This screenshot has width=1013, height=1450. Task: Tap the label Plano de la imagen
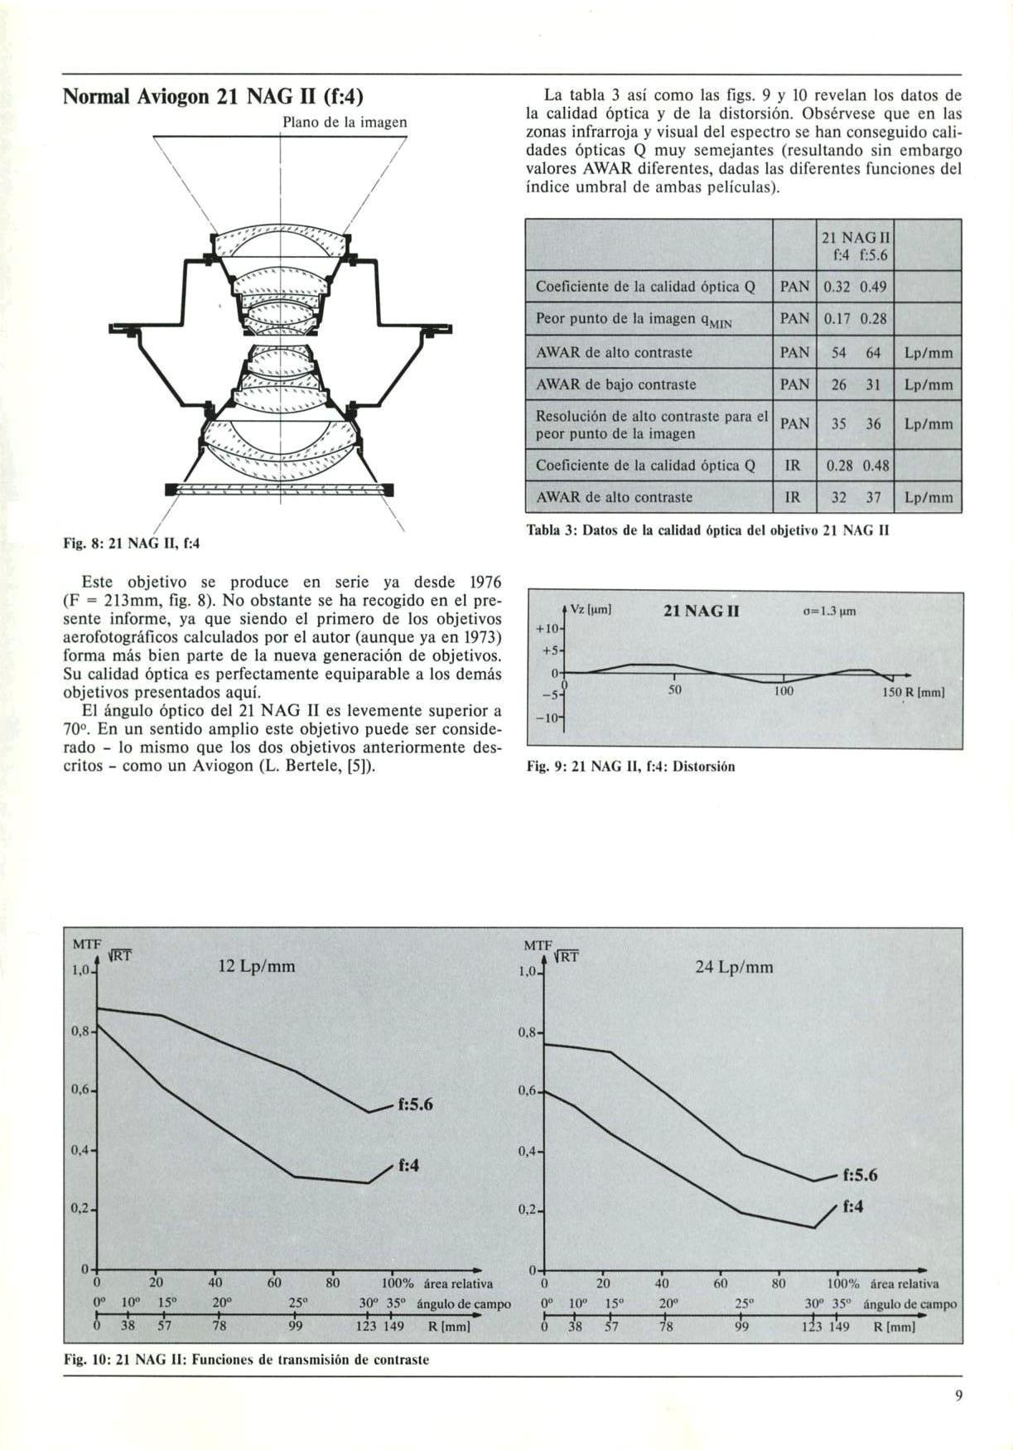345,123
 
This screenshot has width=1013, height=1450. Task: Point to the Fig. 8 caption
133,544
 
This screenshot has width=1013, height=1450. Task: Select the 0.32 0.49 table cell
856,287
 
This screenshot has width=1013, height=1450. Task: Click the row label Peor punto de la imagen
637,320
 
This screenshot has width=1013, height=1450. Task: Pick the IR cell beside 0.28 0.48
794,466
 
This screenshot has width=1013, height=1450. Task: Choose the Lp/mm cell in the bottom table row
928,498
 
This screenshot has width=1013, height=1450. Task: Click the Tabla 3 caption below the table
708,530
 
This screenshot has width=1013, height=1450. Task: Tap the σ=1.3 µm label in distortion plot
829,612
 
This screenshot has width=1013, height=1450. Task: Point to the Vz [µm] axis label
591,610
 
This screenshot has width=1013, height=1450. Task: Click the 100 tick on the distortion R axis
784,690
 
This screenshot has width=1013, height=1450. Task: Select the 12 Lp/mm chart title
256,966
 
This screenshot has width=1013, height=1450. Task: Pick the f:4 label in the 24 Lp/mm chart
853,1206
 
